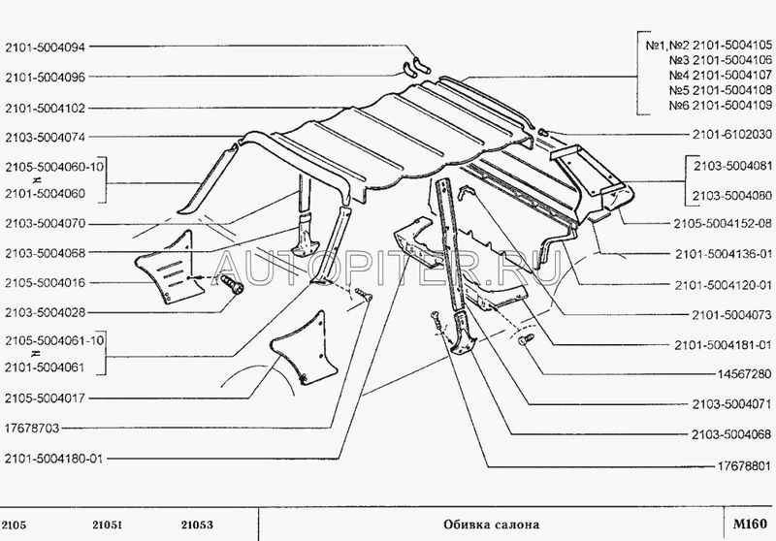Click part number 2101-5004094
45,47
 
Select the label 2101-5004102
45,108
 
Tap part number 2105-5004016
45,283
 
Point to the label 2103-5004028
45,312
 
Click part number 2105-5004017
45,398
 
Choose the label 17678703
32,429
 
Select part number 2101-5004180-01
54,459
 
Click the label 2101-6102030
732,134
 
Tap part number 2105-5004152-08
723,224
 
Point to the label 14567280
744,374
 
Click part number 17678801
744,465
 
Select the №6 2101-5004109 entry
720,106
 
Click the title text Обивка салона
492,525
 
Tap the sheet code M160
750,524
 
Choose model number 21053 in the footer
197,525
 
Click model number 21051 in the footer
107,525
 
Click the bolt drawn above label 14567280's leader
526,339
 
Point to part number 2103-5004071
732,404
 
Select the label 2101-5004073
732,314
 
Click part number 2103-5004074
45,137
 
